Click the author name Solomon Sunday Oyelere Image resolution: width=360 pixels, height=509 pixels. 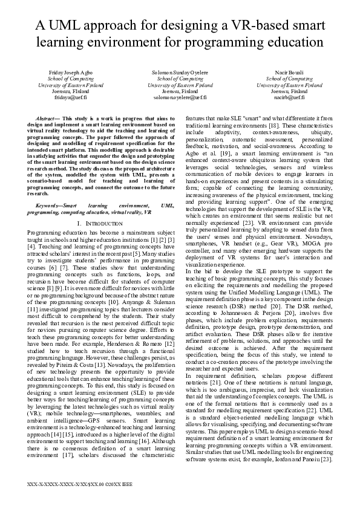180,73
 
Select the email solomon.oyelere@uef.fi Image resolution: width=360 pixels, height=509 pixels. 180,97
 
